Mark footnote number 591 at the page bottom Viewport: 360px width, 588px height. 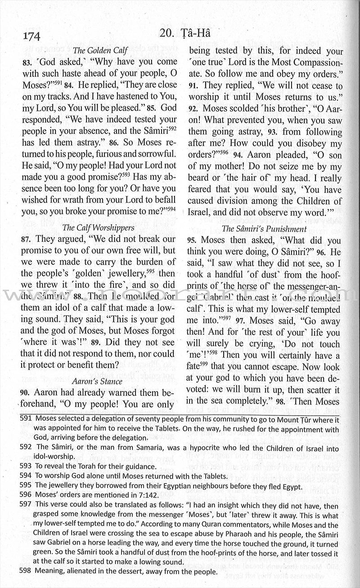pos(26,419)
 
